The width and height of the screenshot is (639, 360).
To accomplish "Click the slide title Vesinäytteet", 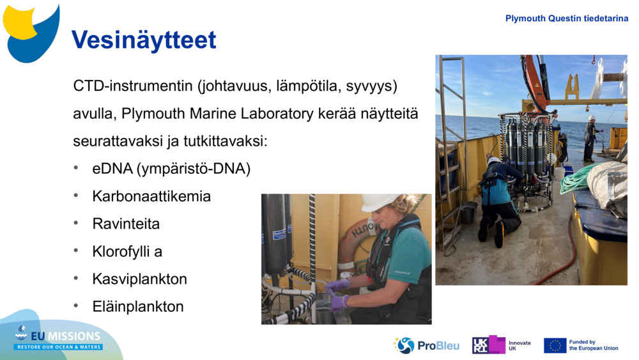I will coord(144,40).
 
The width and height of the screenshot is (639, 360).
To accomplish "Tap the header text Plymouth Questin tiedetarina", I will coord(566,19).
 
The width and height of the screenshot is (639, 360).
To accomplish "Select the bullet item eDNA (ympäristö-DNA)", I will coord(171,169).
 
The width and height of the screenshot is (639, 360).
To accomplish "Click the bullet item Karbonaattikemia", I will coord(151,196).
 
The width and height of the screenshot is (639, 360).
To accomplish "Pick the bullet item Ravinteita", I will coord(126,224).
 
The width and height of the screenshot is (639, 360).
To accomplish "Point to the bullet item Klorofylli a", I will coord(127,251).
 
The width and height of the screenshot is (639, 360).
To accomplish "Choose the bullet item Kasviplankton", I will coord(139,279).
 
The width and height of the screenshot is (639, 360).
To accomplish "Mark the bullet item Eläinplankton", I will coord(137,306).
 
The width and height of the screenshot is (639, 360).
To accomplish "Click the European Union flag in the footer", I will coord(555,345).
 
